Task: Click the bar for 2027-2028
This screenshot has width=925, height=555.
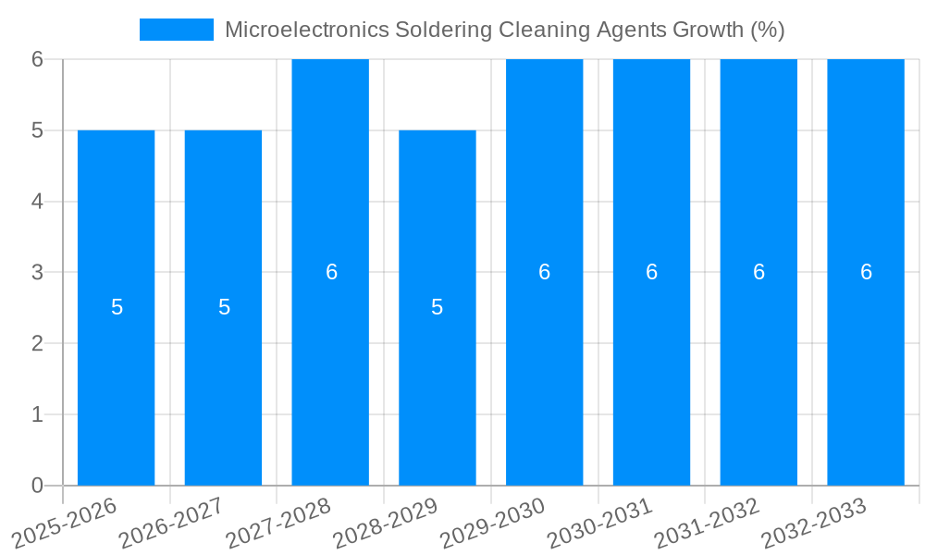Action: pos(330,370)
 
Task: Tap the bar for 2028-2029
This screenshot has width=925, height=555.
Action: pos(438,388)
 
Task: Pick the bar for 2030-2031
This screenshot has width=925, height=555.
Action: pos(651,370)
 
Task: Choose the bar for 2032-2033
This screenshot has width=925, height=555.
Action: pos(866,370)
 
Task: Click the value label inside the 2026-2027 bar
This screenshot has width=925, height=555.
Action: pos(224,307)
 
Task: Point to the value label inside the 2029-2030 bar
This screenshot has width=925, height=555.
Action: pos(545,272)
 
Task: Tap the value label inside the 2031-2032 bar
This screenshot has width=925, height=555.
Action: pos(758,272)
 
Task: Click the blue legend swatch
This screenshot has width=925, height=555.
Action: pos(177,30)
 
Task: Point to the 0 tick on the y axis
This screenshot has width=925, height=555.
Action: pos(37,486)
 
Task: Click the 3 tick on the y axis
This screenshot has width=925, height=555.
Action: pos(37,272)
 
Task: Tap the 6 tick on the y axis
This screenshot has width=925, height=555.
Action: pos(37,59)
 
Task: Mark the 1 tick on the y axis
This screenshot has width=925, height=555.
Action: pos(37,414)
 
